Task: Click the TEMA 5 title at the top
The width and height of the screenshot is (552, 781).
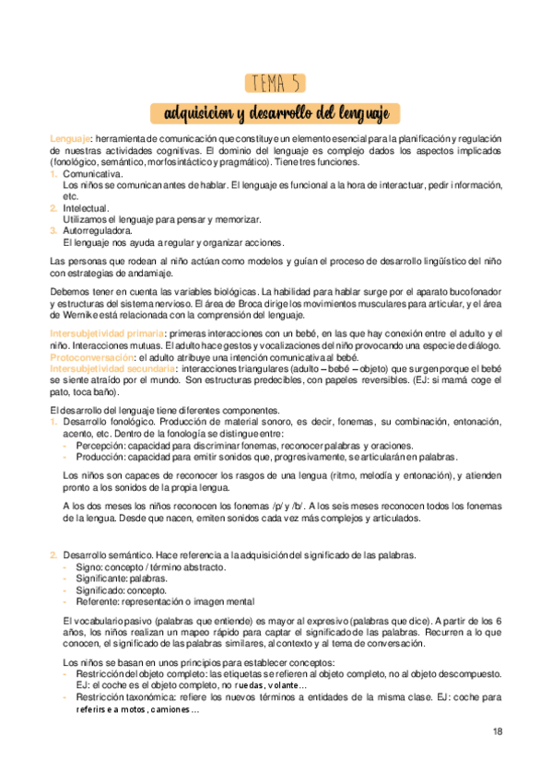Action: [x=276, y=84]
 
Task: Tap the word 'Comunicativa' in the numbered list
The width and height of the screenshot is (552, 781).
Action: [x=90, y=173]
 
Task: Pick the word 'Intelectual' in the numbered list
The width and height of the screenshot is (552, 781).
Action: [x=86, y=208]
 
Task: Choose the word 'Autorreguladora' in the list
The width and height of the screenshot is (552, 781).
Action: [x=96, y=230]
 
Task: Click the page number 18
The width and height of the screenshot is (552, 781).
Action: [x=497, y=733]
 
